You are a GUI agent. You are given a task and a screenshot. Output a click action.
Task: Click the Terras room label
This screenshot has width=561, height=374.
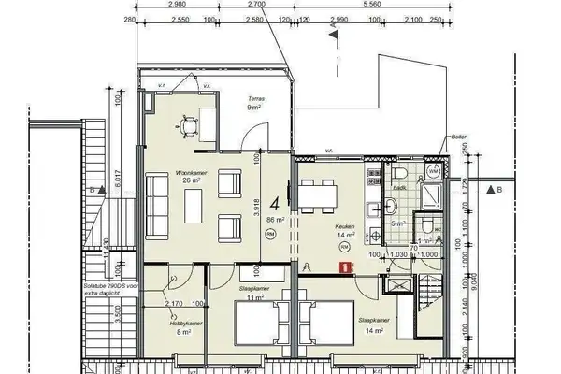tap(255, 98)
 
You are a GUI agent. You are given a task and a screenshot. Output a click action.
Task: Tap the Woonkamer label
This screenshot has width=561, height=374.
tap(190, 172)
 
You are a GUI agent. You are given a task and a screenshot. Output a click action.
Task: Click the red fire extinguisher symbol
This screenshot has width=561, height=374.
tap(346, 266)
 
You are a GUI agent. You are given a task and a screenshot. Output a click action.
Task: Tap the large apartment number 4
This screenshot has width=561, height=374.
tap(275, 202)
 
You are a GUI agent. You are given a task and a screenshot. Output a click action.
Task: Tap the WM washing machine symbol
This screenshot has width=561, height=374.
tap(433, 174)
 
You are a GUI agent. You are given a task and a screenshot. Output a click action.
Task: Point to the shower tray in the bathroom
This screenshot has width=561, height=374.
tap(433, 195)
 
